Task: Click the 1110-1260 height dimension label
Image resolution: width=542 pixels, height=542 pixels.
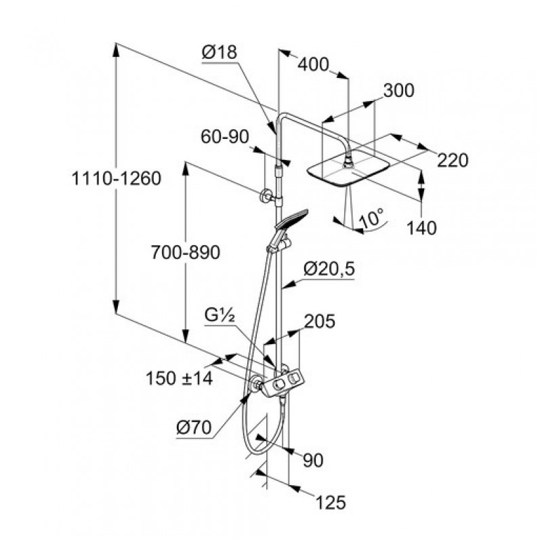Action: click(116, 179)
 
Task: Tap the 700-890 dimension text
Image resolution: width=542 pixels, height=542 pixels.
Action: click(185, 253)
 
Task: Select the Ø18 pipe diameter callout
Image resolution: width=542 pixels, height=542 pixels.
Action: click(220, 53)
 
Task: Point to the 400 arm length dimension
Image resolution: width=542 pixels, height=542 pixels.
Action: click(313, 64)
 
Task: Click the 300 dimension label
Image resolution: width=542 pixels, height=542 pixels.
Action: click(398, 91)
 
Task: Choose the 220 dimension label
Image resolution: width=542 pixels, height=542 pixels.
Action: click(453, 161)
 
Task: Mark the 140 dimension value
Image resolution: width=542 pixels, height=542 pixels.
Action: click(421, 228)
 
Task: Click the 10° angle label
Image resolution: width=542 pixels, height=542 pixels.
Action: click(371, 217)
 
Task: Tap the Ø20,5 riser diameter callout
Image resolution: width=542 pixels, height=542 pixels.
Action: click(329, 269)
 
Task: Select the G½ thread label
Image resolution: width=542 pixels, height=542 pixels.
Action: click(220, 314)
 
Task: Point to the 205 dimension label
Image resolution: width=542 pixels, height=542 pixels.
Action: click(320, 321)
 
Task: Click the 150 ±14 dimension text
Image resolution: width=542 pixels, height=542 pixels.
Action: click(179, 378)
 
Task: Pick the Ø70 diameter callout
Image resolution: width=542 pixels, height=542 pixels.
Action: click(194, 428)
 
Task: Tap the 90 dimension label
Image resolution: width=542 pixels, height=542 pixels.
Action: click(313, 461)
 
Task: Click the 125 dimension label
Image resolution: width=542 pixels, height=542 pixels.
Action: click(331, 503)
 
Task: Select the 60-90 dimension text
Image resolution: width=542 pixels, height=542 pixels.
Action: click(225, 137)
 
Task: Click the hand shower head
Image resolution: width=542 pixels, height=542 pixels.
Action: click(291, 219)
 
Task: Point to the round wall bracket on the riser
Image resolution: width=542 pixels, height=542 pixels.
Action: click(266, 196)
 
